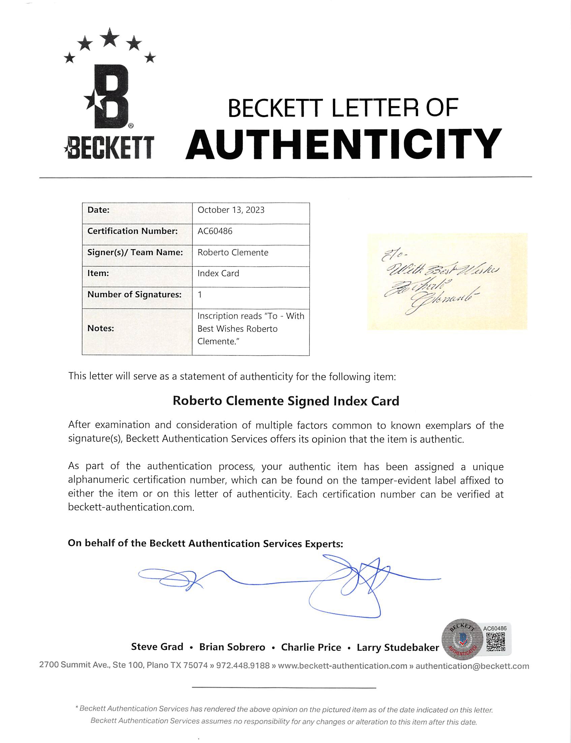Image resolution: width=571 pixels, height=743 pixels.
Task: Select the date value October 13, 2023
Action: click(231, 210)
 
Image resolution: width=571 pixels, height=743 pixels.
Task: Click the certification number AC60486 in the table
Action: click(215, 231)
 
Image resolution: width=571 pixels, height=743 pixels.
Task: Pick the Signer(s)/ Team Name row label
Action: click(135, 252)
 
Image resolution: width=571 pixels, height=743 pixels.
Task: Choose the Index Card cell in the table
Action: click(218, 274)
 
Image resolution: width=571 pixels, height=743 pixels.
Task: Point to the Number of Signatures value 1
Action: click(200, 294)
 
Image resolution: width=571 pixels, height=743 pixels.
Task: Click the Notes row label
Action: click(100, 328)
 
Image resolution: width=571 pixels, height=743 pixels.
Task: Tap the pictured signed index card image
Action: click(447, 281)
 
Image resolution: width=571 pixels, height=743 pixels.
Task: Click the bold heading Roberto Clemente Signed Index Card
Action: click(285, 401)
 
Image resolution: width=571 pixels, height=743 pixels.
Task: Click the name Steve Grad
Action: click(157, 647)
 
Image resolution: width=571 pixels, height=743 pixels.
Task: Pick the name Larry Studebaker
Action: click(398, 648)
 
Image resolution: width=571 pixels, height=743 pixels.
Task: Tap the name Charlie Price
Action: click(311, 647)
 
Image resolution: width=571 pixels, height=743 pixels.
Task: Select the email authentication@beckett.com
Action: click(472, 666)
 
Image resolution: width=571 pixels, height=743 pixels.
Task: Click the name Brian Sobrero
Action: click(232, 647)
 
